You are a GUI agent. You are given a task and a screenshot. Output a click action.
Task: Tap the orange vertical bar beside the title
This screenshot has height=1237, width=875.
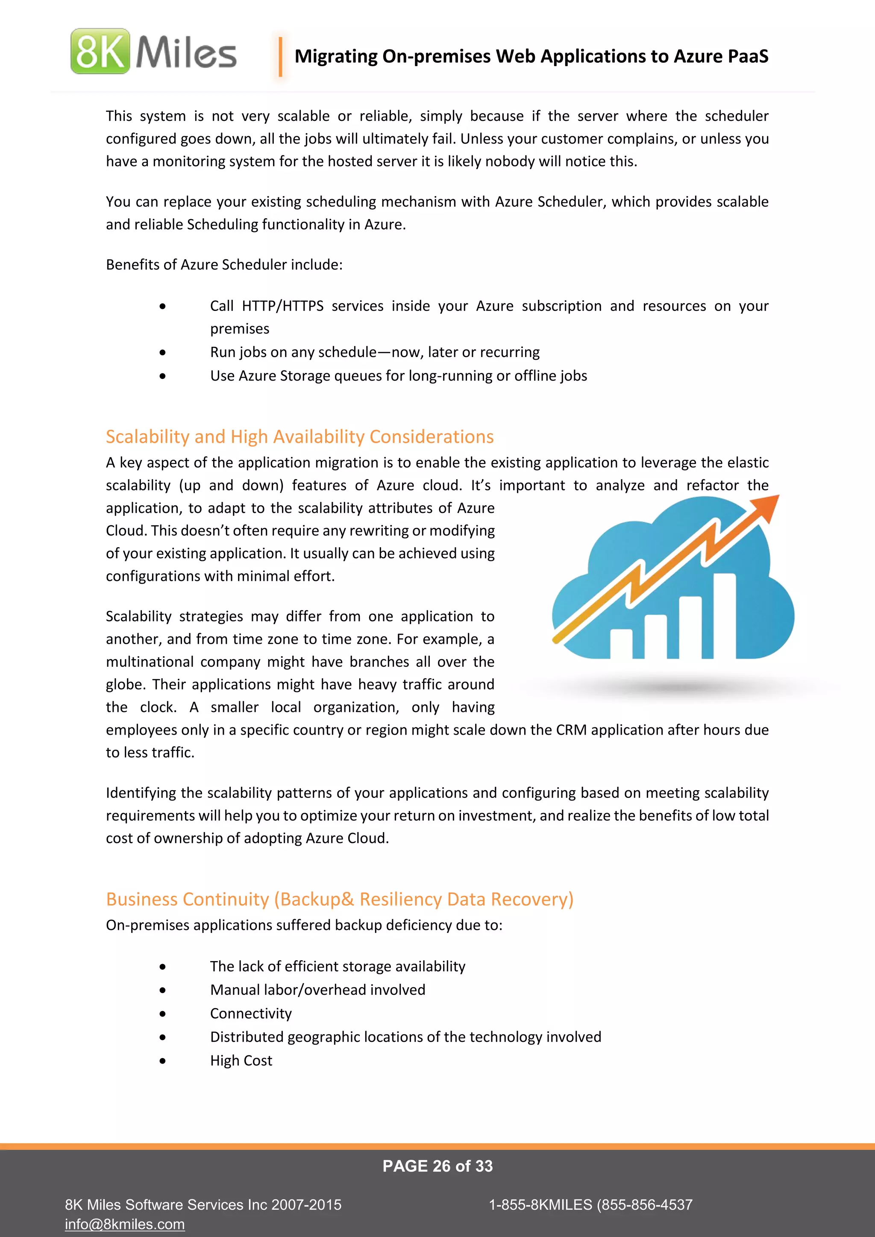coord(280,56)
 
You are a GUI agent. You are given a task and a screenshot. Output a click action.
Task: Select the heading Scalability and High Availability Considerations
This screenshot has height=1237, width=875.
coord(299,437)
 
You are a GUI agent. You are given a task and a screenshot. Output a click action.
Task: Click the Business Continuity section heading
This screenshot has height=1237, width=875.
coord(339,899)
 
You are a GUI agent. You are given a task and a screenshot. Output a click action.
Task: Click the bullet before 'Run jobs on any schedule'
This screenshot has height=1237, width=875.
coord(163,353)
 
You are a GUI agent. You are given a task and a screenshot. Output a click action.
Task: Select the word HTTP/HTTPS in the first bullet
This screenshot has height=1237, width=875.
coord(282,306)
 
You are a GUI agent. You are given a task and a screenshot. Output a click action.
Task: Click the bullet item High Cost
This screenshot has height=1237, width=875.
coord(241,1060)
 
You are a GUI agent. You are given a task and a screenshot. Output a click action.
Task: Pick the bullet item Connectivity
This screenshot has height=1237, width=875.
coord(250,1014)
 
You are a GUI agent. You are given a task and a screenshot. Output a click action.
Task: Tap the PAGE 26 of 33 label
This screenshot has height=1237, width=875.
coord(437,1166)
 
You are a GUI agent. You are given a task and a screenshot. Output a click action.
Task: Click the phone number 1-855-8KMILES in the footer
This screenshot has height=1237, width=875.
coord(590,1205)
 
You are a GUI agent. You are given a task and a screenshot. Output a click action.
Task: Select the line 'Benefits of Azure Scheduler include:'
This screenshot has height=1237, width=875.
coord(224,264)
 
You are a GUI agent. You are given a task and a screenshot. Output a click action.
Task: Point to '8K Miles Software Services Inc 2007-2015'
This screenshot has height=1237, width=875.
coord(203,1205)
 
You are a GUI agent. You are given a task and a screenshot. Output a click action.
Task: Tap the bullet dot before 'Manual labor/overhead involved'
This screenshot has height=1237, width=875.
coord(163,990)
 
